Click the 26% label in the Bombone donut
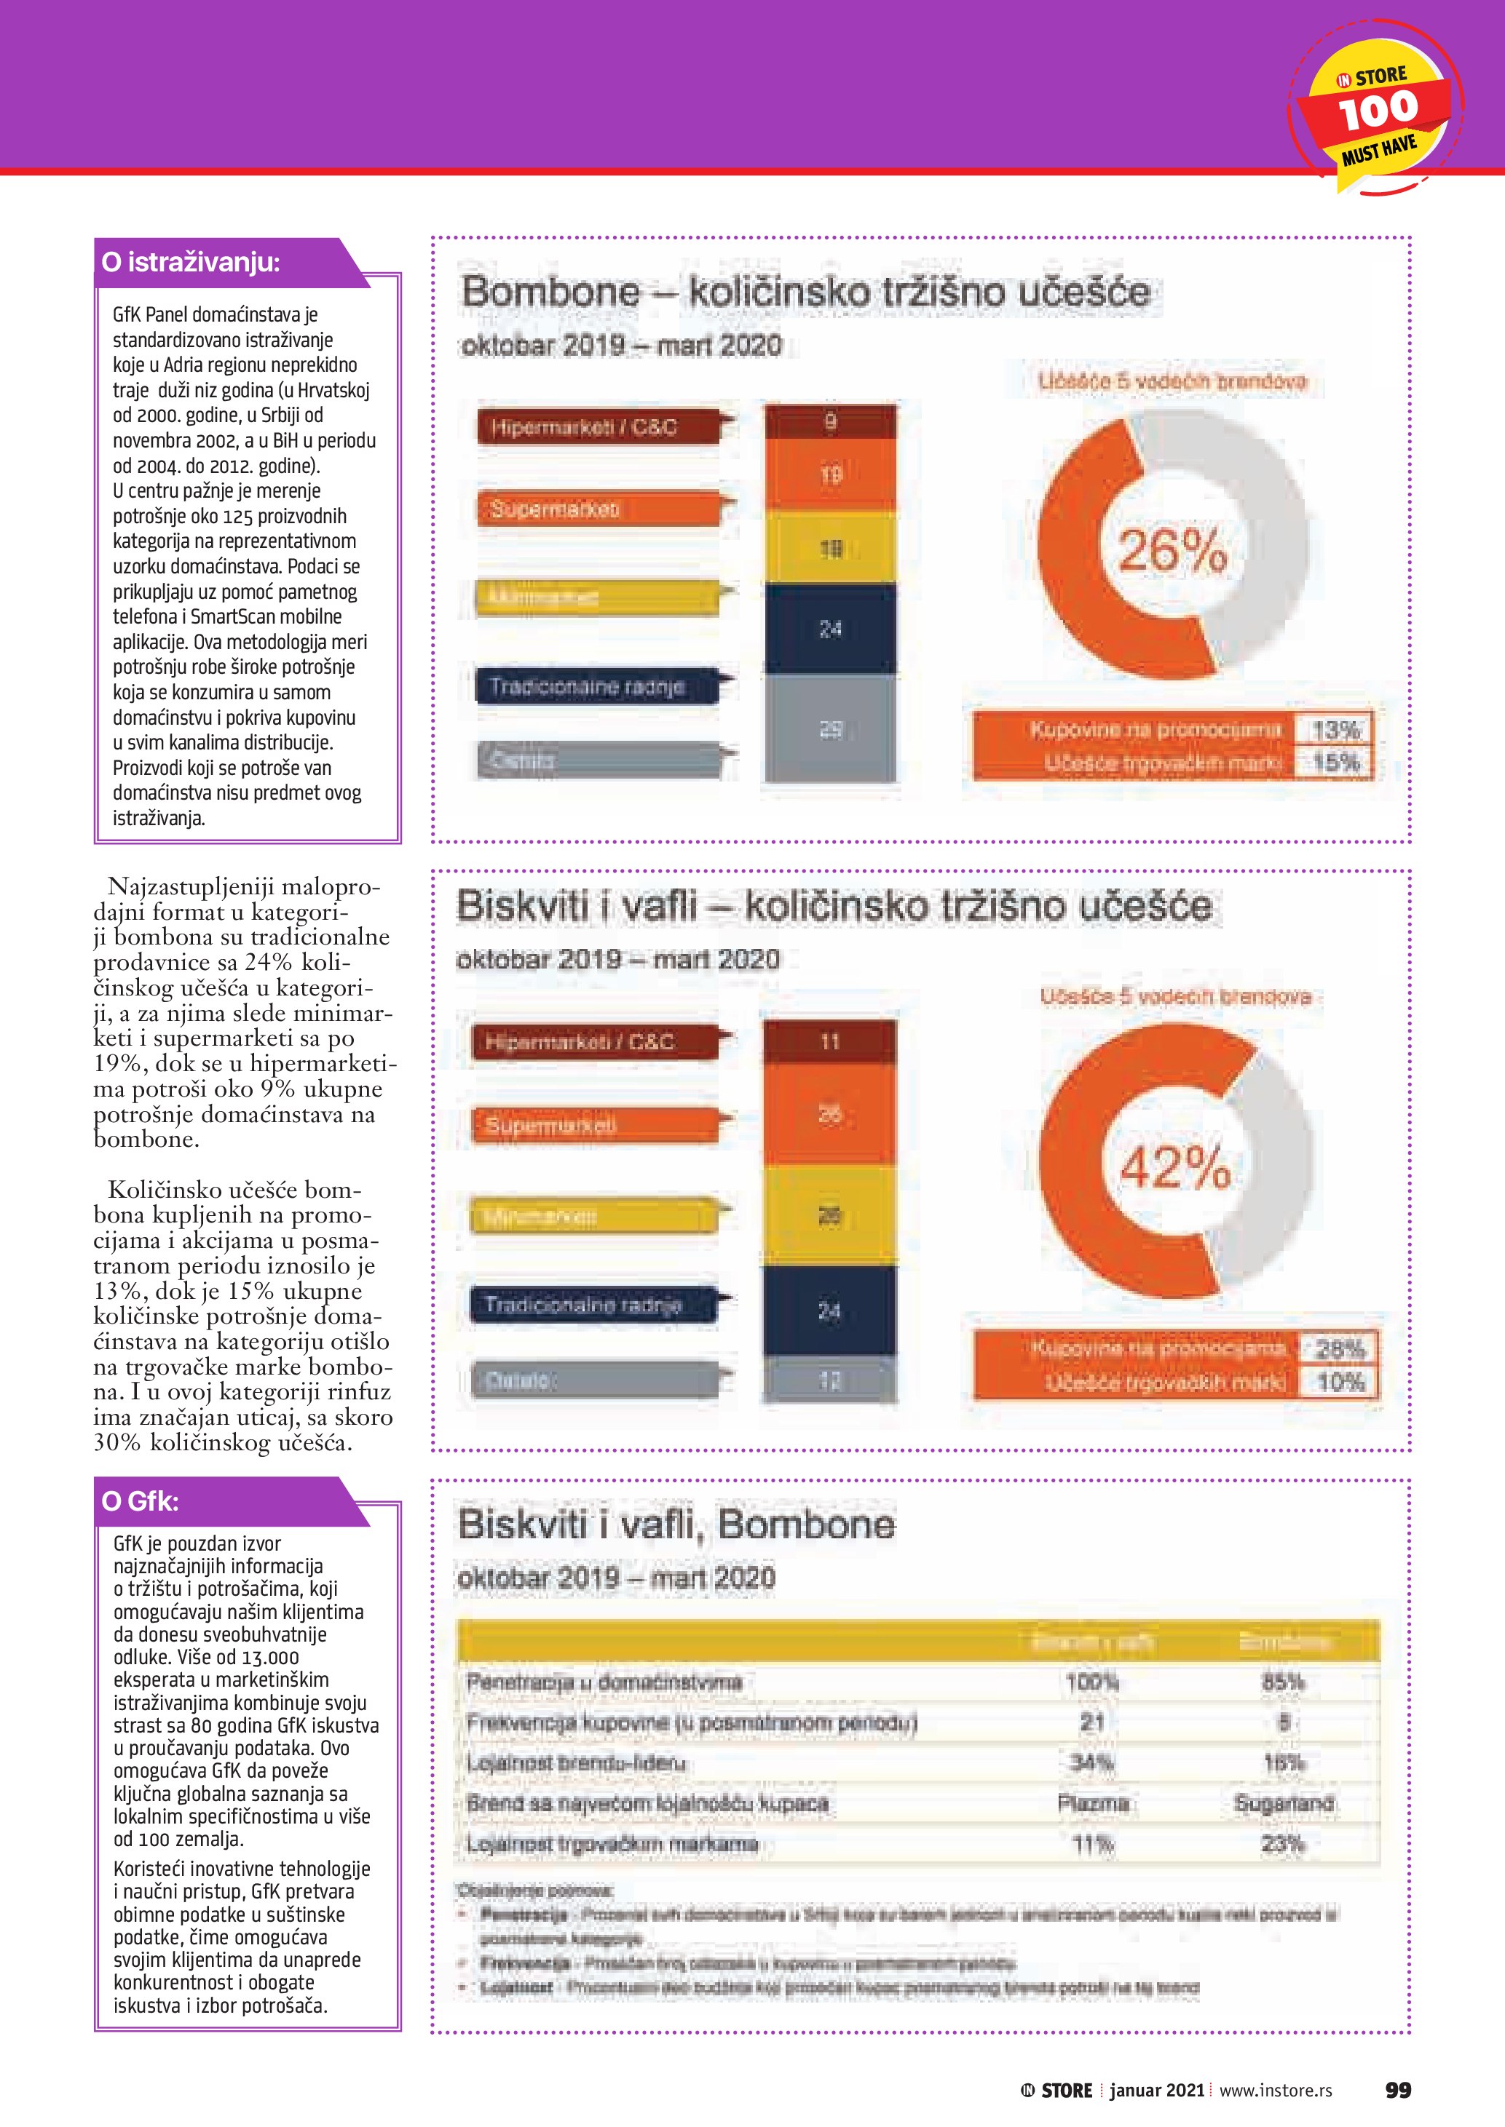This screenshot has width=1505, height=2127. click(1172, 550)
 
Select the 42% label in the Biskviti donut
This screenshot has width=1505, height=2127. click(1175, 1166)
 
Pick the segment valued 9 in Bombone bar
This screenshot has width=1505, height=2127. click(830, 421)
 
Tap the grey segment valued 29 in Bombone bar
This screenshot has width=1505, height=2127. click(830, 729)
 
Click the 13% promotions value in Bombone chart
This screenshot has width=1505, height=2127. click(1335, 730)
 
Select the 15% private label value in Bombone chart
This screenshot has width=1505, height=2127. click(1335, 763)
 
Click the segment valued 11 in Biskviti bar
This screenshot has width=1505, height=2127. click(829, 1041)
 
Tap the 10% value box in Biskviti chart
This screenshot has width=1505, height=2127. click(1340, 1382)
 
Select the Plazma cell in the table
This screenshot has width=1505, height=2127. click(1093, 1802)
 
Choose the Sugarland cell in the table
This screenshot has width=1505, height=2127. click(1284, 1802)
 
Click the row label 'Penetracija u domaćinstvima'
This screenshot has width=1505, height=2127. click(604, 1682)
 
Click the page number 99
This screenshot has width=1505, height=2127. click(1397, 2090)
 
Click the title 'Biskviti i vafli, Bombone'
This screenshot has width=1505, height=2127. click(676, 1524)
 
